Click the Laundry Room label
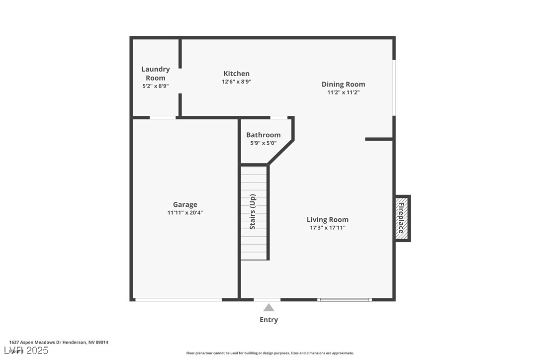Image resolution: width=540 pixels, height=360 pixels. point(155,74)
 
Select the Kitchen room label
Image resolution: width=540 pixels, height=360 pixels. point(236,74)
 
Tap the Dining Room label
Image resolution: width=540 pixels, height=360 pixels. point(343,85)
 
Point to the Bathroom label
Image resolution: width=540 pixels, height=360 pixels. point(263,135)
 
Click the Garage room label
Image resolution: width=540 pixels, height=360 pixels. point(185,204)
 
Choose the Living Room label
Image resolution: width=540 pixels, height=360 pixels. point(327,220)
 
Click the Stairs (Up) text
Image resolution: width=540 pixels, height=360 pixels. point(253,211)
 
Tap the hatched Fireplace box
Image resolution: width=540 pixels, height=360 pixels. point(401,218)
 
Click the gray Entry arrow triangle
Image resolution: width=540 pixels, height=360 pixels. point(269,308)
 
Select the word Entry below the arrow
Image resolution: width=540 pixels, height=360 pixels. point(269,320)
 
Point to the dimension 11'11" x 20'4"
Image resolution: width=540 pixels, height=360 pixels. point(185,213)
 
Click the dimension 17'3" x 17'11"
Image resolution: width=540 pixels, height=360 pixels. point(327,228)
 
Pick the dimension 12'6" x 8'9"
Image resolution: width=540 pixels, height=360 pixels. point(236,82)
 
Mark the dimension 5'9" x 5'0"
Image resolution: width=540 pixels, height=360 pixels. point(263,143)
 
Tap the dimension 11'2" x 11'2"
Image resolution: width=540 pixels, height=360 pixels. point(343,92)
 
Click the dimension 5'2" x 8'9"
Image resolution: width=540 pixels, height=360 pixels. point(155,86)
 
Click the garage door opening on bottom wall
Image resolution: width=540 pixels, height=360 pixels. point(178,299)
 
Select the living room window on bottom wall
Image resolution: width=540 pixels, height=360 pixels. point(345,299)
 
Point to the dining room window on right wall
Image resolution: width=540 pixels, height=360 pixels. point(394,88)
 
